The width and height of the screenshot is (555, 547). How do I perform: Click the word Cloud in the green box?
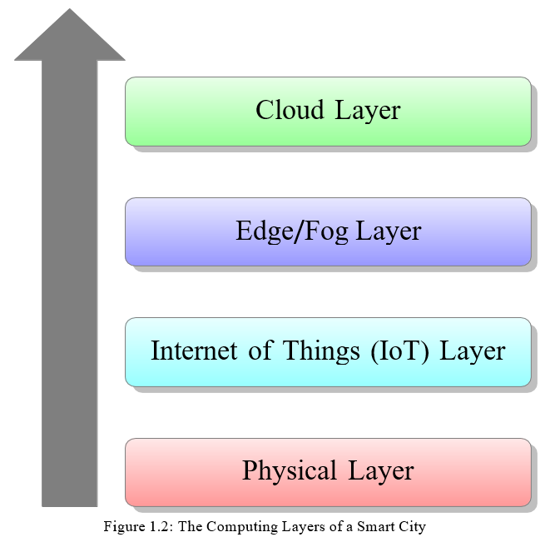[x=290, y=110]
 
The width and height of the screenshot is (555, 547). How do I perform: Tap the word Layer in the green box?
[x=368, y=112]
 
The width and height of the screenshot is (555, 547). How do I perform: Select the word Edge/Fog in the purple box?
[x=292, y=231]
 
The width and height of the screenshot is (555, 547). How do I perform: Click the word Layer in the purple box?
[x=389, y=232]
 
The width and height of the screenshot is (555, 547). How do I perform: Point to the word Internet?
[x=194, y=351]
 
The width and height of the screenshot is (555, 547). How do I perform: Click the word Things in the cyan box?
[x=321, y=352]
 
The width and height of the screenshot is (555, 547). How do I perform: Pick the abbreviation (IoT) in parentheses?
[x=399, y=351]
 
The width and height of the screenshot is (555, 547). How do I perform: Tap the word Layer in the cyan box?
[x=472, y=352]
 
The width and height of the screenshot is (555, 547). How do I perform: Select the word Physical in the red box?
[x=290, y=471]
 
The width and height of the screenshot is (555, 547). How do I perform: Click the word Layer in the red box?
[x=380, y=472]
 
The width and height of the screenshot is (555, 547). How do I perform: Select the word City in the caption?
[x=412, y=527]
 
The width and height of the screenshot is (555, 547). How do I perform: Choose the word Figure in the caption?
[x=124, y=527]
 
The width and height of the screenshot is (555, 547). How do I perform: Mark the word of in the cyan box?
[x=260, y=350]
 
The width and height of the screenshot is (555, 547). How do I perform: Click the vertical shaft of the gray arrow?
[x=70, y=283]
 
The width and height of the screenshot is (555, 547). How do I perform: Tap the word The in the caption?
[x=190, y=526]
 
